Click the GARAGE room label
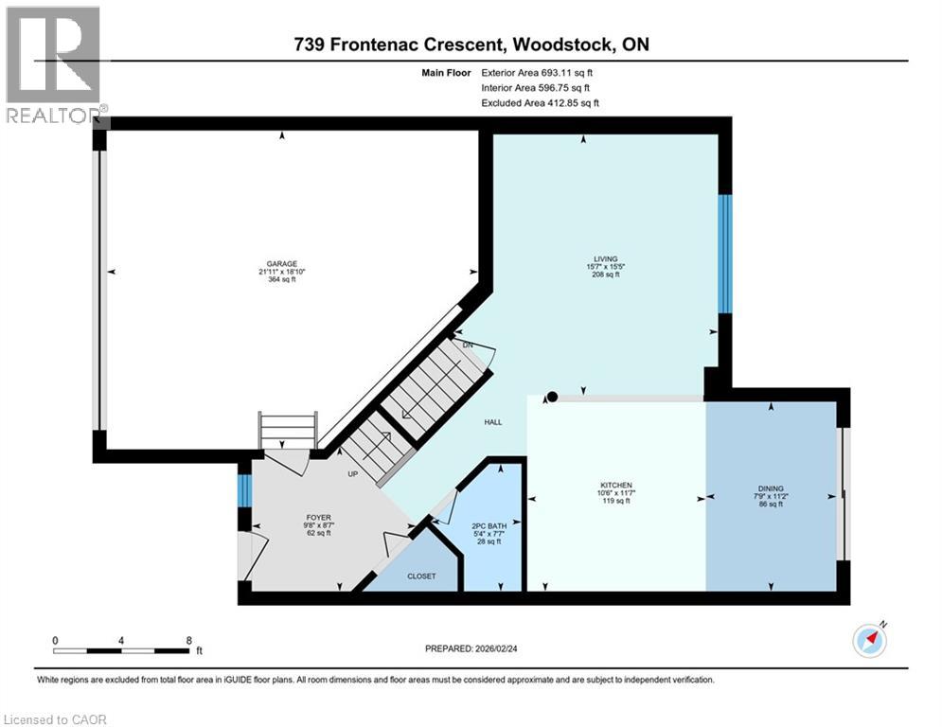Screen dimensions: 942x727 (282, 264)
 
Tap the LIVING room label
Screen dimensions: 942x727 (605, 259)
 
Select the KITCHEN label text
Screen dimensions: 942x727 (616, 485)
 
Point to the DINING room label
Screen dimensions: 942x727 (771, 488)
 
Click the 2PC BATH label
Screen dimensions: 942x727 (489, 525)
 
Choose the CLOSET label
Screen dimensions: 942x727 (421, 576)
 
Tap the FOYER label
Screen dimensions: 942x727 (318, 517)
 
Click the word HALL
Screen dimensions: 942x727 (493, 422)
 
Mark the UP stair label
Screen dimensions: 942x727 (352, 474)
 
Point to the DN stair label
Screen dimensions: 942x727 (468, 345)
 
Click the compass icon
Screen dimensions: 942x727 (870, 641)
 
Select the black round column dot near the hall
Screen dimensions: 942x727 (552, 397)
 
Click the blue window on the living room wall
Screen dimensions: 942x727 (725, 254)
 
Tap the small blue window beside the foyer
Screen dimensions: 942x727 (244, 491)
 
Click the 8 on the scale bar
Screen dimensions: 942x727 (189, 641)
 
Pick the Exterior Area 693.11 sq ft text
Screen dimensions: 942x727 (537, 73)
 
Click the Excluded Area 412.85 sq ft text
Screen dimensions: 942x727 (540, 103)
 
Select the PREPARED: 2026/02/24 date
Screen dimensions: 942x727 (471, 648)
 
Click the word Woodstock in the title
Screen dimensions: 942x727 (563, 44)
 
